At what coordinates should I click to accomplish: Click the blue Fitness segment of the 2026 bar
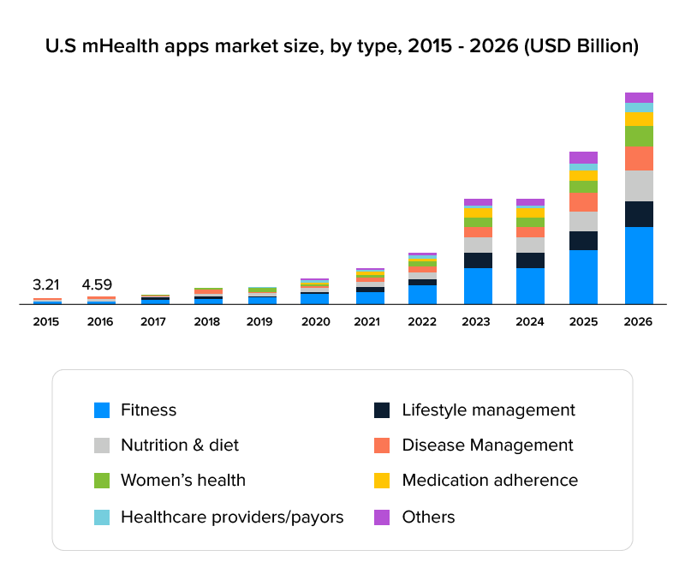coord(639,265)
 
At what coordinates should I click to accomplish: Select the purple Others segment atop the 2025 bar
coord(583,158)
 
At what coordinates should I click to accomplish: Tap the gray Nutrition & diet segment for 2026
coord(639,186)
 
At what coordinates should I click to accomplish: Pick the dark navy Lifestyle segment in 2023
coord(478,260)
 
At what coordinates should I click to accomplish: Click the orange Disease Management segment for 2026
coord(639,158)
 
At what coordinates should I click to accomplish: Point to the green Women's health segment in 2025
coord(583,187)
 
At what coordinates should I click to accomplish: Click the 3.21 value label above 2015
coord(47,284)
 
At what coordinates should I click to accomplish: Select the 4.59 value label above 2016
coord(97,284)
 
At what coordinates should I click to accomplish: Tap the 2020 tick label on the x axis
coord(314,322)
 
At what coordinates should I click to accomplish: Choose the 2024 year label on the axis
coord(530,322)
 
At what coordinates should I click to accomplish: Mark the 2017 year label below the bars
coord(154,322)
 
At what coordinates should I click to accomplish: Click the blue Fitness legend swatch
coord(102,410)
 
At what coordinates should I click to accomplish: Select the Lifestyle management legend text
coord(488,410)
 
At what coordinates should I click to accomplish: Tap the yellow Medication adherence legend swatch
coord(383,481)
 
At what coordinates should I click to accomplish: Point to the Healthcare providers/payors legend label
coord(232,517)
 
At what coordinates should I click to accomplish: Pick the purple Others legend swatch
coord(383,517)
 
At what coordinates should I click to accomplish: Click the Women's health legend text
coord(183,481)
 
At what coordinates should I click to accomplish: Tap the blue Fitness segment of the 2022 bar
coord(422,295)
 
